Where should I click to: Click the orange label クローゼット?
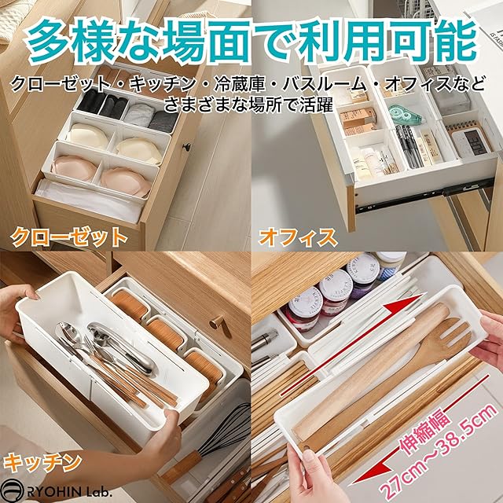click(69, 237)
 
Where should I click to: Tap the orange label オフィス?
click(298, 237)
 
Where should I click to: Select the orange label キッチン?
click(42, 462)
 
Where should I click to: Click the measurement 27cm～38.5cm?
click(439, 453)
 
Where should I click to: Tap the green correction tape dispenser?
click(406, 115)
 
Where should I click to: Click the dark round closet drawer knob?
click(185, 147)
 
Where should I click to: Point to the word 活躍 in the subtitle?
click(317, 105)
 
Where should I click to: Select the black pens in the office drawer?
click(408, 146)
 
